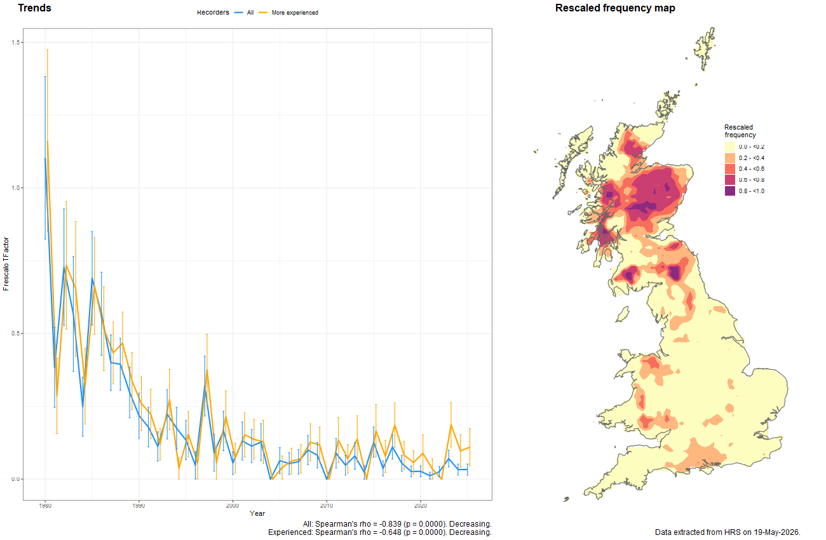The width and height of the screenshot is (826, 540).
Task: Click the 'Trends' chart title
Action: [x=35, y=8]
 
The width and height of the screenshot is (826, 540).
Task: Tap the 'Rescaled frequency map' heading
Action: [x=615, y=8]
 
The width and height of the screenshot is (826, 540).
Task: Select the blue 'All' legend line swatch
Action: [x=239, y=13]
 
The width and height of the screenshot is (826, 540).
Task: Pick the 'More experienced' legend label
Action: [x=295, y=13]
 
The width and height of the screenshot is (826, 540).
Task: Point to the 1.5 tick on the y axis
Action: [x=15, y=43]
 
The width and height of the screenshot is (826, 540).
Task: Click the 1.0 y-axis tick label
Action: [x=15, y=187]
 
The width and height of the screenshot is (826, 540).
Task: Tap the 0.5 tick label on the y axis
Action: [x=15, y=334]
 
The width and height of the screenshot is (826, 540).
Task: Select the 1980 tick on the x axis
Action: [x=45, y=505]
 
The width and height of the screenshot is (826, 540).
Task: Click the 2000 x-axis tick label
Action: [x=233, y=505]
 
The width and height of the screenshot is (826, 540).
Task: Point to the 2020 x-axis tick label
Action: [x=421, y=505]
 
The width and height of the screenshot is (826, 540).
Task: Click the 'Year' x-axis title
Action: [x=257, y=513]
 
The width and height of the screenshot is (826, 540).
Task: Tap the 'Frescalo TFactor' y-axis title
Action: [x=6, y=264]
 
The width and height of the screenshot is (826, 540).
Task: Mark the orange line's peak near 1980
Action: [x=47, y=140]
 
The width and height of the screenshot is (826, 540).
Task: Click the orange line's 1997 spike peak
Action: [x=207, y=369]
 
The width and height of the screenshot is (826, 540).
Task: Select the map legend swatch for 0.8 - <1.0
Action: [x=730, y=191]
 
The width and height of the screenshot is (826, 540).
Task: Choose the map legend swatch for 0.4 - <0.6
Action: [x=730, y=169]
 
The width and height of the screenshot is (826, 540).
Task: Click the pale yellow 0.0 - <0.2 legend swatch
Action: [x=730, y=147]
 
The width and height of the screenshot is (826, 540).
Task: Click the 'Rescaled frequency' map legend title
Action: [x=740, y=131]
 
